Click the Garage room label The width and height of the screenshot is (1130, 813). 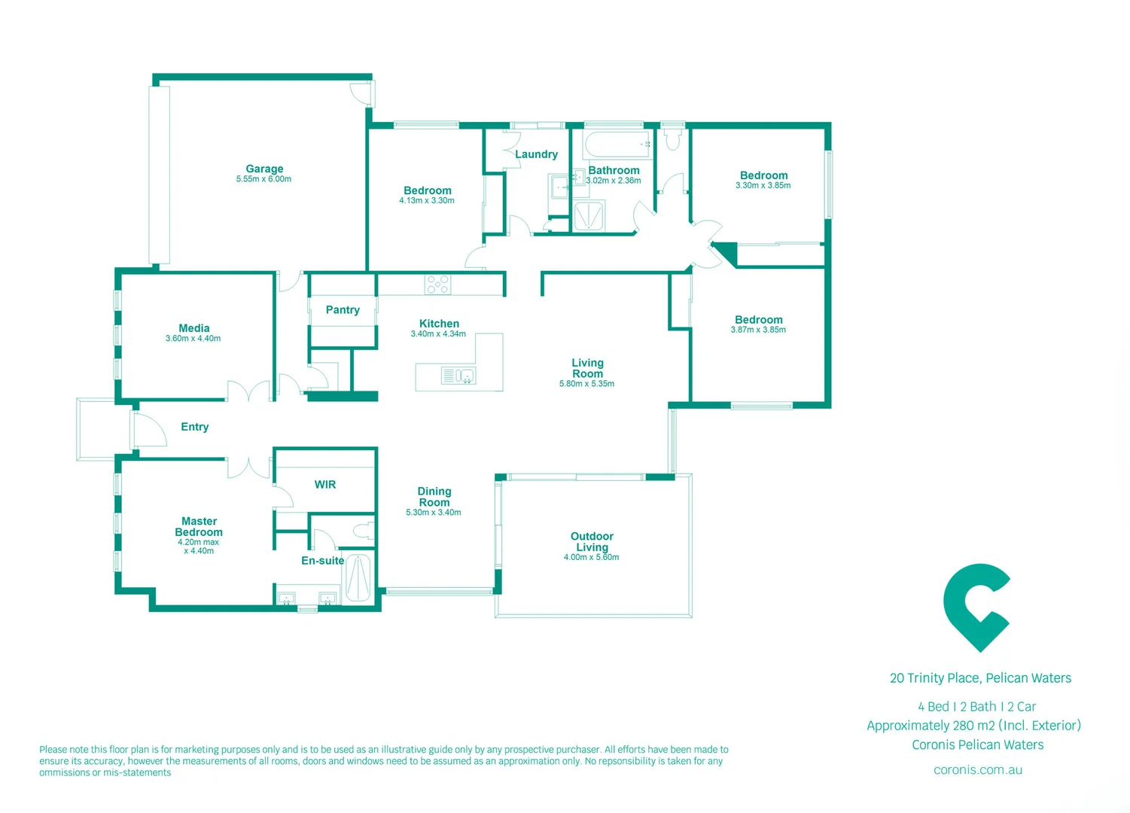(x=264, y=169)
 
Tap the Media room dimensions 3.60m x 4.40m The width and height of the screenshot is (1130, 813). (x=193, y=339)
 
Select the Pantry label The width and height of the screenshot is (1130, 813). (x=343, y=309)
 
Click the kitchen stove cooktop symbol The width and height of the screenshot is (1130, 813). (x=437, y=284)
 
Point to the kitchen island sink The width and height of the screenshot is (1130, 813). (x=458, y=375)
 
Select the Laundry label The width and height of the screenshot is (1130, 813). (x=536, y=154)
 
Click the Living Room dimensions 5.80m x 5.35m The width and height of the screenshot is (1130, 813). (x=586, y=384)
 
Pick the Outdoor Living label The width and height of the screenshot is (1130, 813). (x=592, y=541)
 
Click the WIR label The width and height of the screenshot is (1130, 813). (x=325, y=484)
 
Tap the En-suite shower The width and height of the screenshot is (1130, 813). (x=358, y=577)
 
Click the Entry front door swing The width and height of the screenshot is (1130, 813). (x=148, y=431)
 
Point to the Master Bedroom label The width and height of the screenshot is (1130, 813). (x=199, y=526)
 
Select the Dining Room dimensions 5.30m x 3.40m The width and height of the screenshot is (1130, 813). (x=433, y=513)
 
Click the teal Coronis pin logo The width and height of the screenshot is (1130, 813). (x=976, y=607)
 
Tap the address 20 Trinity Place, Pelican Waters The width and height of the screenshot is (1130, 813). (x=980, y=678)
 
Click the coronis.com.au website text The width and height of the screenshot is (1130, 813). (x=977, y=769)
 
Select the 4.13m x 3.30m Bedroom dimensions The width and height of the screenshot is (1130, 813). (x=426, y=201)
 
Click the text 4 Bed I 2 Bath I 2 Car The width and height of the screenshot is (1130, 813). (x=976, y=706)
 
